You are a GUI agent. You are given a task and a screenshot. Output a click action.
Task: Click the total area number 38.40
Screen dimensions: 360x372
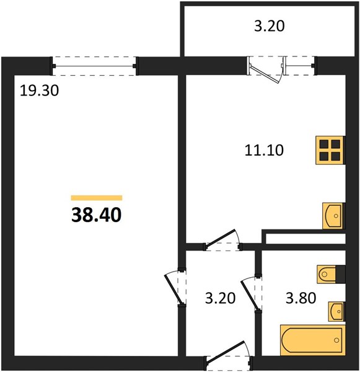pyautogui.click(x=96, y=215)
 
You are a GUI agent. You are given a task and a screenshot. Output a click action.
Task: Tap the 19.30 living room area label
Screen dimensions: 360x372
pyautogui.click(x=39, y=91)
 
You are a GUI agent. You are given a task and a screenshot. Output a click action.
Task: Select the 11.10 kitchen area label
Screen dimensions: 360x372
pyautogui.click(x=264, y=150)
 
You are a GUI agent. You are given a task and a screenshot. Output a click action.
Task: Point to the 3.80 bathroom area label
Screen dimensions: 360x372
pyautogui.click(x=301, y=298)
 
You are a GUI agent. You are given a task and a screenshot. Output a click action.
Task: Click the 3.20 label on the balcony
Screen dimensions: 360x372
pyautogui.click(x=270, y=26)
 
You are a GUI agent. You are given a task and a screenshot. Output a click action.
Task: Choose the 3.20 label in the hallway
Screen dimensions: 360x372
pyautogui.click(x=220, y=298)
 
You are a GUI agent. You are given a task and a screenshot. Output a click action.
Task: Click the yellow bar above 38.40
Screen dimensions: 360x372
pyautogui.click(x=97, y=198)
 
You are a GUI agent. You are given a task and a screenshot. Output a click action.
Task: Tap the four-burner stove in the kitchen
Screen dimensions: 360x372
pyautogui.click(x=330, y=150)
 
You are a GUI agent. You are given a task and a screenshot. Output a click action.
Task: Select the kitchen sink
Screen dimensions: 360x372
pyautogui.click(x=333, y=216)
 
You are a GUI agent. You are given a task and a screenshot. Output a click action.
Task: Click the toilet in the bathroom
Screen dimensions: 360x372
pyautogui.click(x=327, y=274)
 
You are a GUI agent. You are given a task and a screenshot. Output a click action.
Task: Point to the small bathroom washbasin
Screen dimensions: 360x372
pyautogui.click(x=336, y=311)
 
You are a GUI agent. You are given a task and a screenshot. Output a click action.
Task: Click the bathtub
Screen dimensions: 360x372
pyautogui.click(x=312, y=340)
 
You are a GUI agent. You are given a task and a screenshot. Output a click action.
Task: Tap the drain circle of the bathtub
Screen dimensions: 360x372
pyautogui.click(x=336, y=340)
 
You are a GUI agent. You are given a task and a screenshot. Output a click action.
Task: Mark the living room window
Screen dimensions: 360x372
pyautogui.click(x=94, y=66)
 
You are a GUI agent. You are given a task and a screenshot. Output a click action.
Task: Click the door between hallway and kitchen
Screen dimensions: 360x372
pyautogui.click(x=222, y=240)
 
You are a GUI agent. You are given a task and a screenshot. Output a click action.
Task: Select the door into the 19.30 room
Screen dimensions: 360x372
pyautogui.click(x=175, y=287)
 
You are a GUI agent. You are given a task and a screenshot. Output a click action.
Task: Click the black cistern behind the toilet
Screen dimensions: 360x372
pyautogui.click(x=340, y=274)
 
